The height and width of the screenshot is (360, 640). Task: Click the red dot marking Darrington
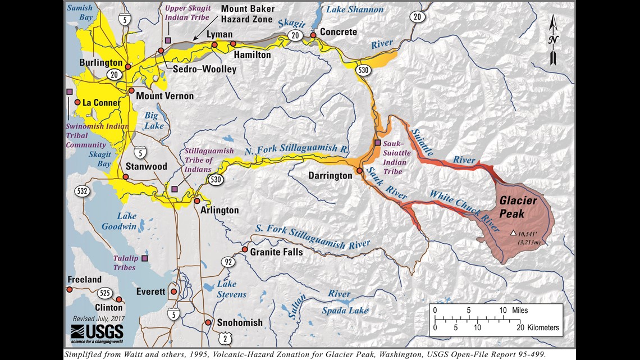(359, 170)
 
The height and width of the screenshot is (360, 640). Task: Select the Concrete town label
(339, 32)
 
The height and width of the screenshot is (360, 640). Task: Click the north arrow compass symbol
(554, 39)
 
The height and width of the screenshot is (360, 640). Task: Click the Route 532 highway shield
(83, 192)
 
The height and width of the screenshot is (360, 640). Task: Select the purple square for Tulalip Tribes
(145, 258)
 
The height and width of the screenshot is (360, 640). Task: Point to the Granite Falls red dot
(245, 249)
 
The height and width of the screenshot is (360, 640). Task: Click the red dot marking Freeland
(70, 289)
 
